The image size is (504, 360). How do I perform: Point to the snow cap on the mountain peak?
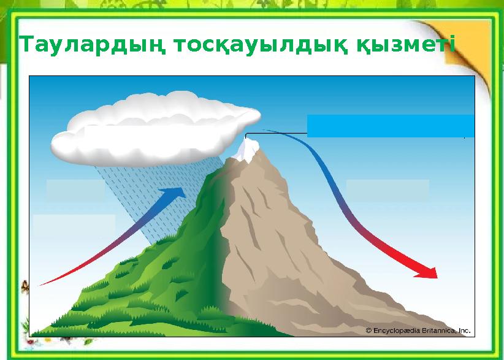tap(250, 150)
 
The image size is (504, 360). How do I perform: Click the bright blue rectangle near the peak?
tap(390, 125)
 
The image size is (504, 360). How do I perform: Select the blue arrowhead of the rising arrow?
tap(175, 194)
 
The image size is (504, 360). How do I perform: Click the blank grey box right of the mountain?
tap(387, 190)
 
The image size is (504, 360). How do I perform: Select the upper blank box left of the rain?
tap(75, 190)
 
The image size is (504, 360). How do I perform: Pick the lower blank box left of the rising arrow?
tap(74, 224)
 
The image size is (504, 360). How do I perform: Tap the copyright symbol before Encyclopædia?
tap(368, 330)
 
